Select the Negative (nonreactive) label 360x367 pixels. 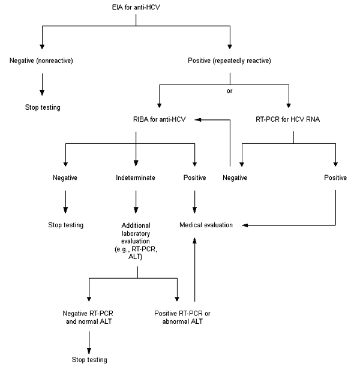[41, 60]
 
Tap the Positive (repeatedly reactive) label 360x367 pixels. [229, 60]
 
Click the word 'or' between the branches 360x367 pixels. [230, 92]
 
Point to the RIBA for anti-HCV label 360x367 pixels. [159, 120]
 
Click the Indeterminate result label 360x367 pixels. [136, 178]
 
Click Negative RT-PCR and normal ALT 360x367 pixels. [88, 317]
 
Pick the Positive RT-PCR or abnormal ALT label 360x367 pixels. [178, 317]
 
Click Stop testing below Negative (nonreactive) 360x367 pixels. [41, 108]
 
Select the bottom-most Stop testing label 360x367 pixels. [88, 360]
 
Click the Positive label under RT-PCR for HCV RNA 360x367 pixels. [335, 178]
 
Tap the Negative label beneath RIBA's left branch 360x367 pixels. [65, 178]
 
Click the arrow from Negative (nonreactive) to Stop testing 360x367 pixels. [41, 84]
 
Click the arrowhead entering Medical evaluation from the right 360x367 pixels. [246, 225]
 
